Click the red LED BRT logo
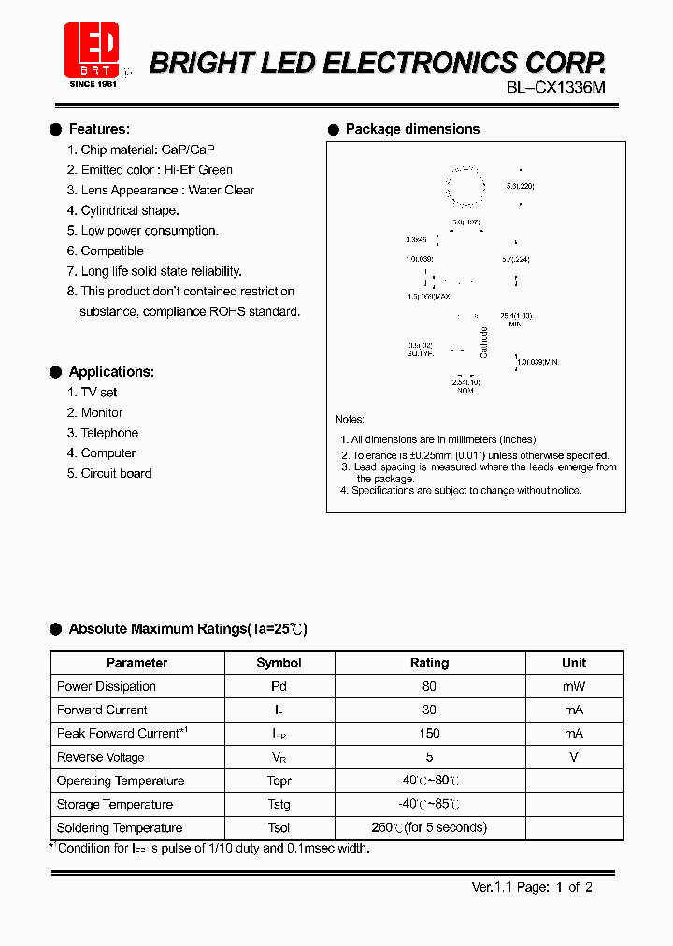[x=92, y=51]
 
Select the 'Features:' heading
[x=99, y=129]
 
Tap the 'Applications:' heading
[x=111, y=372]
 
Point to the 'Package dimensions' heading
[x=412, y=129]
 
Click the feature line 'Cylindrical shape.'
[x=129, y=210]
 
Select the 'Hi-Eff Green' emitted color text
[x=198, y=170]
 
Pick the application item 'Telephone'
[x=109, y=433]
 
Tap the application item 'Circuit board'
[x=116, y=474]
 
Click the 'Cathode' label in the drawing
[x=483, y=343]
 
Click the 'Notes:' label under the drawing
[x=350, y=420]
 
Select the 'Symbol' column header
[x=279, y=663]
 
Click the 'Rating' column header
[x=429, y=663]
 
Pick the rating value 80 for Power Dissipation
[x=429, y=686]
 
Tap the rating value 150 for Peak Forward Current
[x=429, y=734]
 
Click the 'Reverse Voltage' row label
[x=100, y=757]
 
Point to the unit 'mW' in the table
[x=574, y=686]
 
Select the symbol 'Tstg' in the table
[x=279, y=805]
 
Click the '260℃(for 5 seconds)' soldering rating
[x=429, y=828]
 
